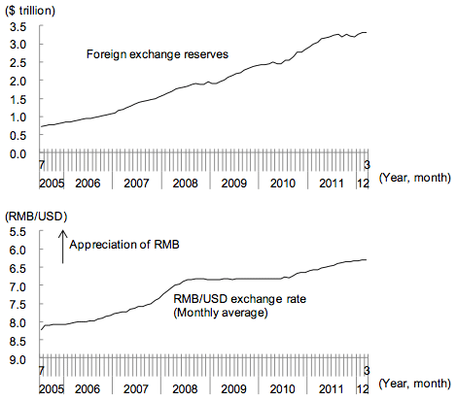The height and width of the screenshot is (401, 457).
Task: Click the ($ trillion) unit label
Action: tap(30, 11)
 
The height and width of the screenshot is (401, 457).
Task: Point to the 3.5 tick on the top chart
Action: tap(18, 27)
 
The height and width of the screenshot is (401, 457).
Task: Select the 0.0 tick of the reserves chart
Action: tap(18, 153)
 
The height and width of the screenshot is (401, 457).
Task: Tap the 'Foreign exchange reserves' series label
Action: tap(158, 54)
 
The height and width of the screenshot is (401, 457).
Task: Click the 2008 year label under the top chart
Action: tap(185, 184)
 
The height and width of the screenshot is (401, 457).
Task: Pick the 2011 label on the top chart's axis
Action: tap(332, 184)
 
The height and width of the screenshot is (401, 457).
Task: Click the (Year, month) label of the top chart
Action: tap(414, 178)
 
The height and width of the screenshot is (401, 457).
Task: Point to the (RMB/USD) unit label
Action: tap(36, 217)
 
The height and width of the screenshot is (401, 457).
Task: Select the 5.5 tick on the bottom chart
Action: tap(18, 232)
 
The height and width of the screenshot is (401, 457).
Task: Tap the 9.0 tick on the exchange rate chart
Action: tap(18, 359)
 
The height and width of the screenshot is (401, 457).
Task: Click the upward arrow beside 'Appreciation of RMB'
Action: tap(62, 247)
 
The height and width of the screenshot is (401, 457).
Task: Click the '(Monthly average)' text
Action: tap(221, 313)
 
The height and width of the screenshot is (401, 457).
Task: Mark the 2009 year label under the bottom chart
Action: tap(233, 388)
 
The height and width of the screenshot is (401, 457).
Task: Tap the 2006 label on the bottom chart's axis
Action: tap(88, 388)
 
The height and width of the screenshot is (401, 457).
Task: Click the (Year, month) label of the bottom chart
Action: tap(414, 384)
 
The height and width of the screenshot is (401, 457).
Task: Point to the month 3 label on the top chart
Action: tap(367, 165)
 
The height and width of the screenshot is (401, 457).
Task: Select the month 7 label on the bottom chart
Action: tap(42, 371)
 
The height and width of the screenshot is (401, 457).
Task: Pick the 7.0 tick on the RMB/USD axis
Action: tap(18, 286)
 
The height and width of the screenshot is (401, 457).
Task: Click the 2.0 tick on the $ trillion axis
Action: tap(18, 82)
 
